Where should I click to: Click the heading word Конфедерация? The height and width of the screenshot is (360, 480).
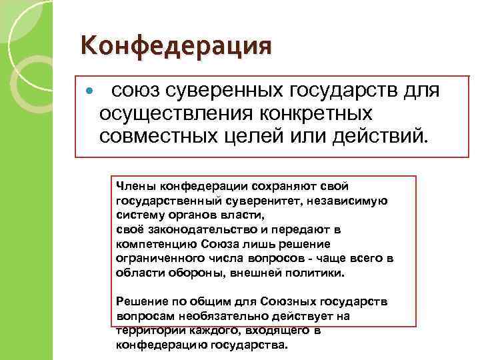(x=176, y=47)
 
